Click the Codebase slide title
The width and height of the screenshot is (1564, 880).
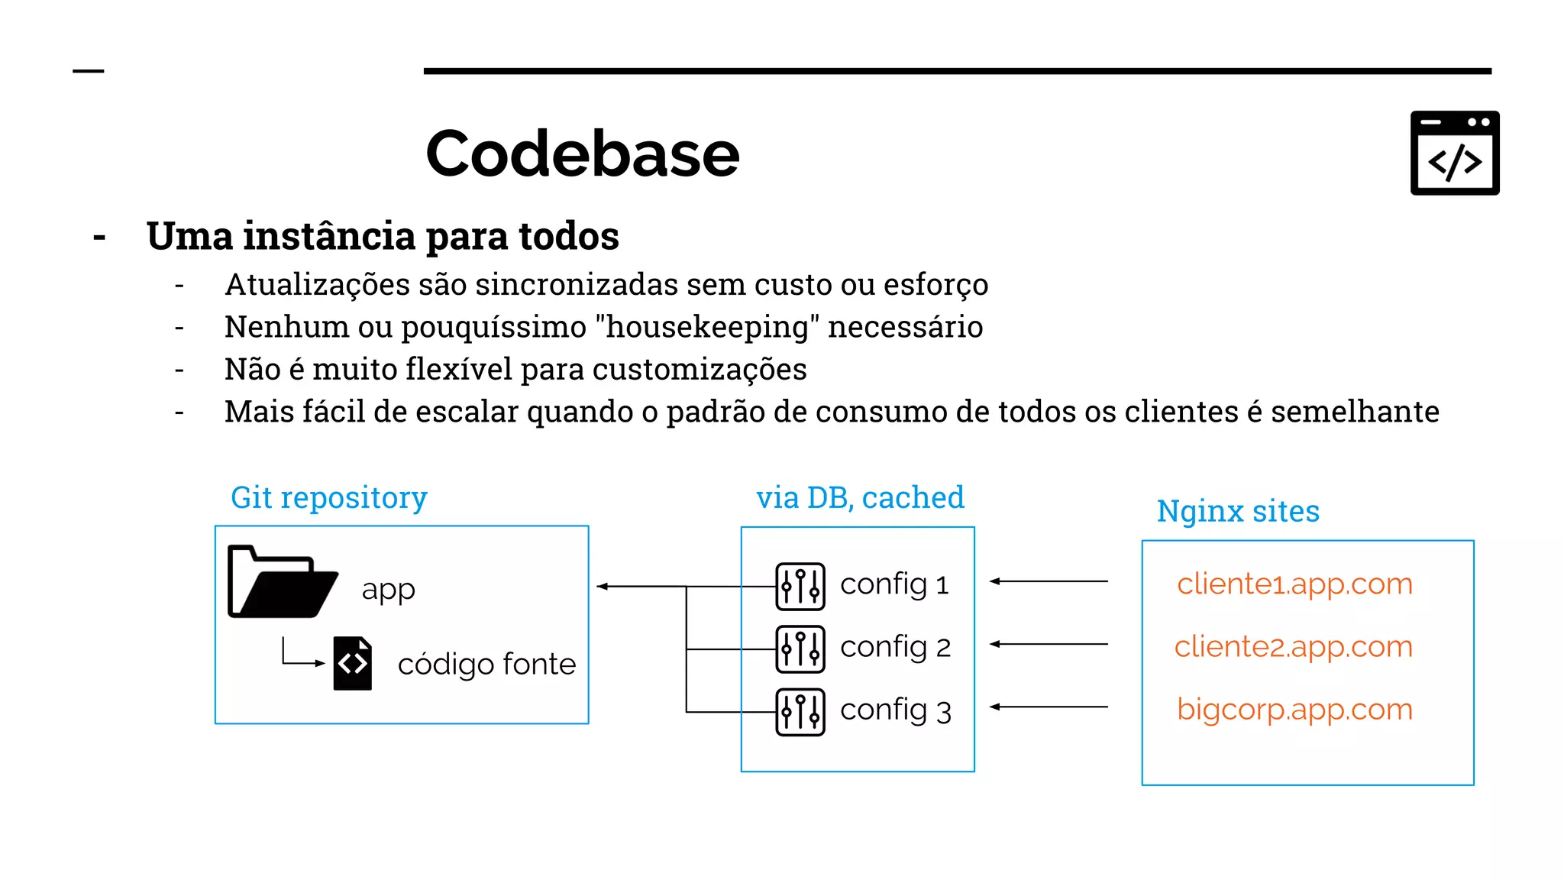[x=582, y=154]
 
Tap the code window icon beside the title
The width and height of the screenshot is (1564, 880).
[x=1454, y=153]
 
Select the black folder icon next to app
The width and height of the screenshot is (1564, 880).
[x=282, y=582]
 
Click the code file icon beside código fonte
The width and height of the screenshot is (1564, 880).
[x=353, y=663]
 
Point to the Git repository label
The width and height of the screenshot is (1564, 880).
[x=328, y=498]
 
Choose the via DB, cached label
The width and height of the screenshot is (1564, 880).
[x=860, y=498]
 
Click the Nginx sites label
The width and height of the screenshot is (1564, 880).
[x=1238, y=511]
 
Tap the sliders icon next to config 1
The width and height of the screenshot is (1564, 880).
[x=800, y=586]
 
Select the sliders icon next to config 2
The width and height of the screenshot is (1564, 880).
[x=800, y=649]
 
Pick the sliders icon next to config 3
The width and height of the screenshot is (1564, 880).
[x=800, y=711]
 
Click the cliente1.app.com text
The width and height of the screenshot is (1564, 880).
[x=1294, y=584]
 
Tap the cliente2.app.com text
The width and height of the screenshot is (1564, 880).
[x=1293, y=646]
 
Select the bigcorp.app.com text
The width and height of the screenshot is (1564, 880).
[x=1294, y=709]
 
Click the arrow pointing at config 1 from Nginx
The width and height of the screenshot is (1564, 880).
[x=1049, y=581]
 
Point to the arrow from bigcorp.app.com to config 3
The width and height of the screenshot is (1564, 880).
[x=1049, y=707]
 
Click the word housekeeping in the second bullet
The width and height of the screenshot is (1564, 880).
[x=706, y=327]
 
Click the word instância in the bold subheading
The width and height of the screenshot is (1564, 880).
[x=330, y=235]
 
